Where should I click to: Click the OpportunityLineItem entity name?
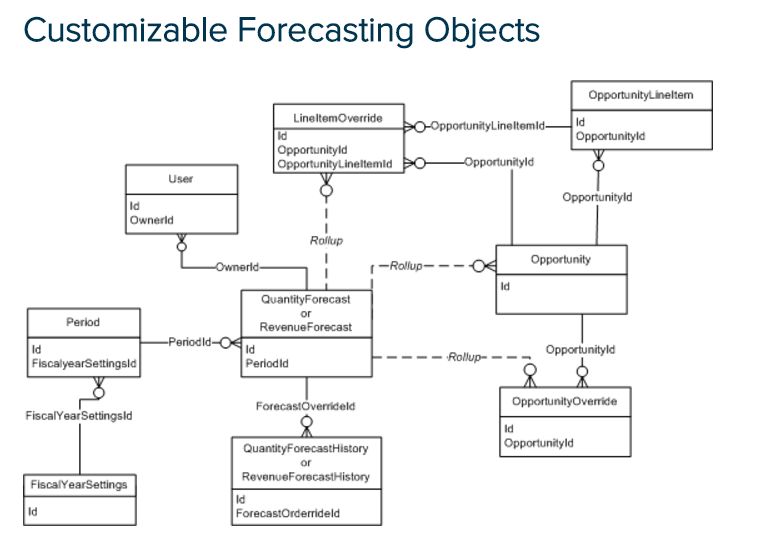634,95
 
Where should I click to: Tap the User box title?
181,179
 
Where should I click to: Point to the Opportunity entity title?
561,259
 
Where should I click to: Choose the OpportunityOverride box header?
565,402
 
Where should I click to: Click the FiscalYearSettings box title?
79,485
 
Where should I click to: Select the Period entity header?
82,323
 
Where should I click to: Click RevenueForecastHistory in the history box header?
306,477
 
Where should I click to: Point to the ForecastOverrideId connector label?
306,407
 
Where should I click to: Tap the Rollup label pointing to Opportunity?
406,266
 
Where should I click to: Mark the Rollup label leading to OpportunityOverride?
465,356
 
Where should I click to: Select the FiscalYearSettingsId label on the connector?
79,414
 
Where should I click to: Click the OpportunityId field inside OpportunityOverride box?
539,442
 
